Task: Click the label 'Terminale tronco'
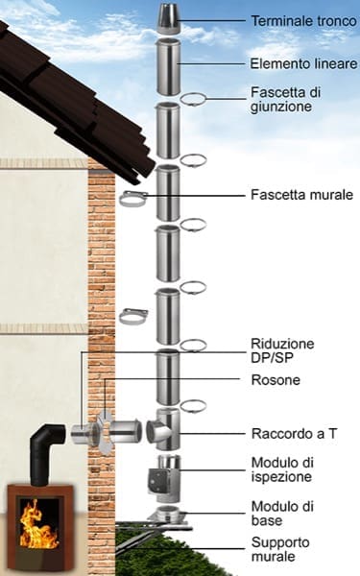[303, 21]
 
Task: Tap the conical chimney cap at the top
[169, 18]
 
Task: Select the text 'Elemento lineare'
[303, 63]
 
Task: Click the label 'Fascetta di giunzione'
[285, 99]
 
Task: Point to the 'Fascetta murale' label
[301, 194]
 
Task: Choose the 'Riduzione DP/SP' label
[282, 350]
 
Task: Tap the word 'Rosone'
[276, 380]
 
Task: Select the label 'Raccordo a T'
[294, 434]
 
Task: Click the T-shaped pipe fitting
[164, 429]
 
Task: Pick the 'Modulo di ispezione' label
[282, 469]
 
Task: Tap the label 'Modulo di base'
[282, 514]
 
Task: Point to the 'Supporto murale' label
[280, 549]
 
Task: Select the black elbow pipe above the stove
[47, 453]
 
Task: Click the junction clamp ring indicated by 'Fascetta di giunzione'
[193, 99]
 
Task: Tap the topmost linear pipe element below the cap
[168, 66]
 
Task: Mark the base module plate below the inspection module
[167, 515]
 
